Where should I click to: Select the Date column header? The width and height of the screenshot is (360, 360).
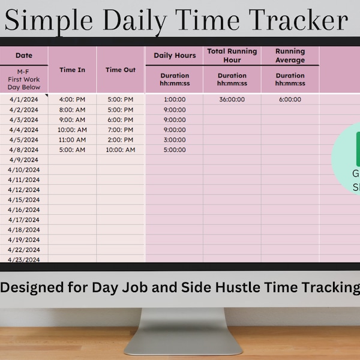click(x=24, y=55)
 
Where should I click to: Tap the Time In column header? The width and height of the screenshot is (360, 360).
click(x=72, y=70)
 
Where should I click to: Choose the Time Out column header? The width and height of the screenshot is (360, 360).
click(x=121, y=70)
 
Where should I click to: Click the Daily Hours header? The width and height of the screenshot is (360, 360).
click(x=175, y=55)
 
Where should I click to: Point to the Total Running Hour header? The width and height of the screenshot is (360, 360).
click(x=232, y=55)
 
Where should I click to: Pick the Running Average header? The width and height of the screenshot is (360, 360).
click(x=290, y=55)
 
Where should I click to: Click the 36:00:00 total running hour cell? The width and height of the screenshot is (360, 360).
click(x=232, y=100)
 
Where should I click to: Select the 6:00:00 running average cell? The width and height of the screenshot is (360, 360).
click(x=290, y=100)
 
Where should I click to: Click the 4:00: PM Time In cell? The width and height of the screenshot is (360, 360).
click(x=72, y=100)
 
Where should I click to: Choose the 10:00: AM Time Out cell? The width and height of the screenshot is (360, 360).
click(x=121, y=149)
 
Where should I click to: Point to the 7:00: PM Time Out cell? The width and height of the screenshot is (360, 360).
click(x=121, y=130)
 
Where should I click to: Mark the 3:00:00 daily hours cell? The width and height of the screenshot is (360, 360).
click(x=175, y=140)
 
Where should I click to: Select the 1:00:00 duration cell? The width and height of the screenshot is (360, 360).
click(x=175, y=100)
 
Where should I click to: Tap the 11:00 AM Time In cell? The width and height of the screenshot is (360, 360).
click(x=72, y=140)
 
